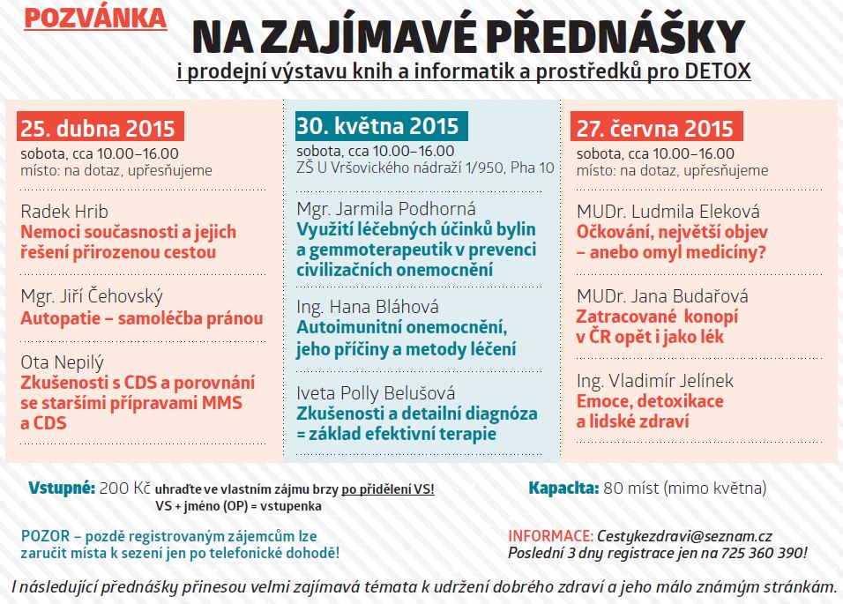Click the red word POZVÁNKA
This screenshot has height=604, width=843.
(x=94, y=18)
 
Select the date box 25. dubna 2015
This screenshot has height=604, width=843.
(x=102, y=128)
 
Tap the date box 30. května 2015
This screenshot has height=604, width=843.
(x=377, y=124)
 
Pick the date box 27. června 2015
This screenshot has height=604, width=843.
(x=655, y=128)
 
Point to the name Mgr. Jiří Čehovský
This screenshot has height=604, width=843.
(x=91, y=296)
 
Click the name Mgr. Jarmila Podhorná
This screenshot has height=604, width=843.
(x=386, y=209)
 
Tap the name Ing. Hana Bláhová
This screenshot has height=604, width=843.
(x=367, y=307)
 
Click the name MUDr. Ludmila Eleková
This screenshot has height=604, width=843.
(x=668, y=212)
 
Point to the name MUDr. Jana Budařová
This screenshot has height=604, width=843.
(x=663, y=295)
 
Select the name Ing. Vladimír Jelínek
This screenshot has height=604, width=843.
(x=654, y=381)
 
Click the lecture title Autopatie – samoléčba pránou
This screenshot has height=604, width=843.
(x=141, y=318)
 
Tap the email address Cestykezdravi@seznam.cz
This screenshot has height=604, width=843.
(x=685, y=536)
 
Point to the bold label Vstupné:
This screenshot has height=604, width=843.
(x=61, y=488)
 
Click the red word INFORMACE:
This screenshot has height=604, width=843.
(x=550, y=536)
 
